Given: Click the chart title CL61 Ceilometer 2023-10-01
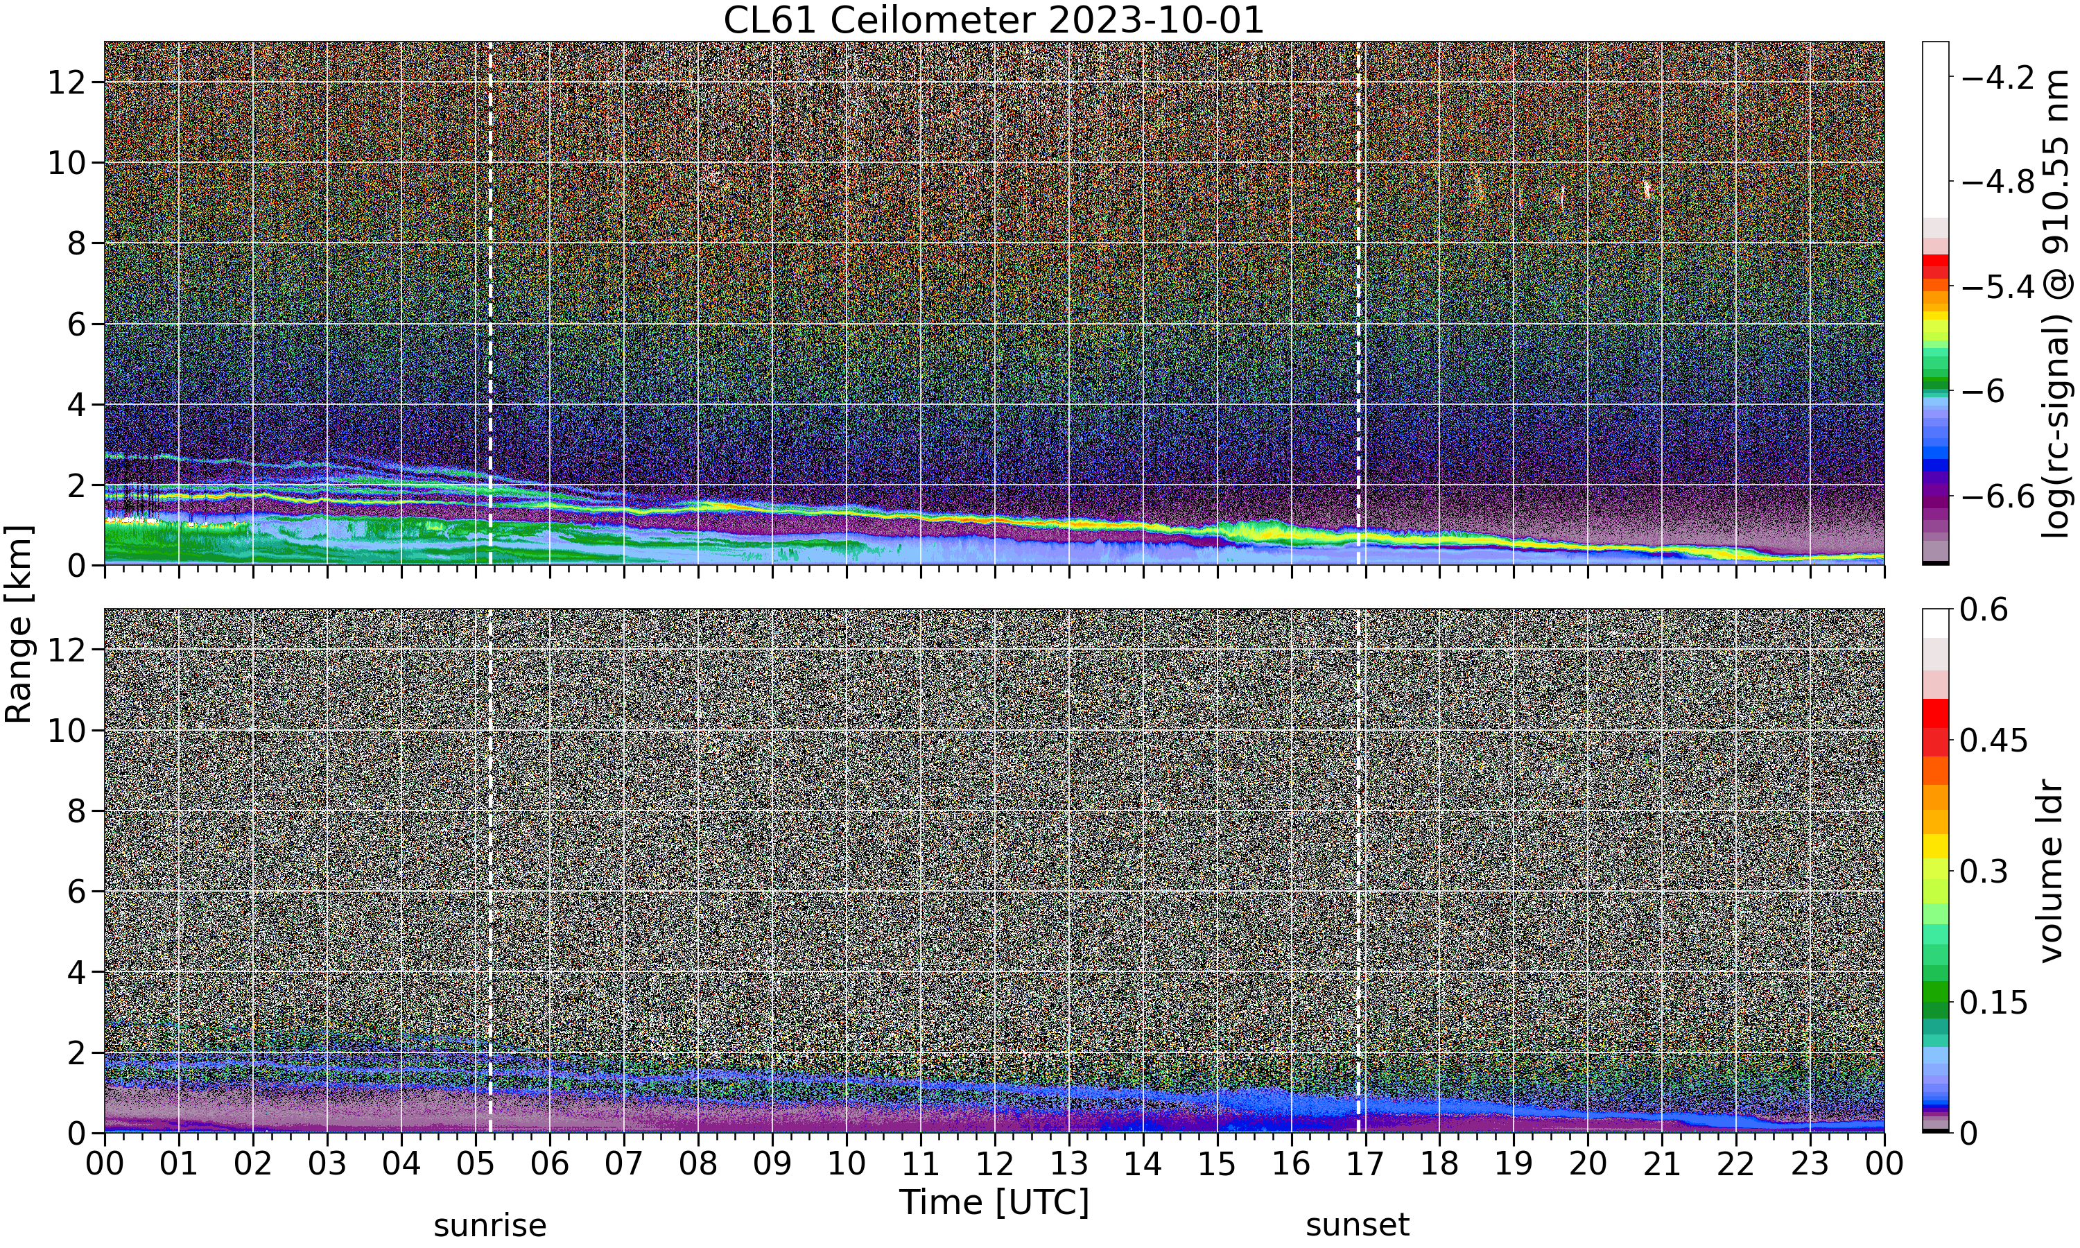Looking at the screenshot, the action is click(x=994, y=20).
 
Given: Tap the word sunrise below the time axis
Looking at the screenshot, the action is click(x=490, y=1226).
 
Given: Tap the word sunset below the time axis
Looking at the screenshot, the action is click(x=1358, y=1226).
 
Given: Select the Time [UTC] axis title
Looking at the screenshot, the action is click(x=994, y=1202).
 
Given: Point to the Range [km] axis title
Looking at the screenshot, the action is click(x=19, y=624).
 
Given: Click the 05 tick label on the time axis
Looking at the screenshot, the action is click(x=475, y=1165).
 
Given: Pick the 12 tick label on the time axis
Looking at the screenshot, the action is click(x=995, y=1165).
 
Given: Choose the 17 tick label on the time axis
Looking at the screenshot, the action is click(x=1365, y=1165).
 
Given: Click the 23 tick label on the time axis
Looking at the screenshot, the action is click(x=1810, y=1165).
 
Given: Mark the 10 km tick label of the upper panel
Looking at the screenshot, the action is click(x=66, y=163).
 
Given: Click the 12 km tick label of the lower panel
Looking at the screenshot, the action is click(x=66, y=649).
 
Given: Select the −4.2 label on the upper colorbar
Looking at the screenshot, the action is click(x=1997, y=78).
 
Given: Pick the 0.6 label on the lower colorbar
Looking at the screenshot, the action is click(x=1984, y=609).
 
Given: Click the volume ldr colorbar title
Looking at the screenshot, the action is click(x=2053, y=872).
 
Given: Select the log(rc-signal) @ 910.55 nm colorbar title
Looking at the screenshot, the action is click(x=2056, y=304).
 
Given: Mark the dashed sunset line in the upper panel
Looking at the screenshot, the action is click(x=1358, y=304).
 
